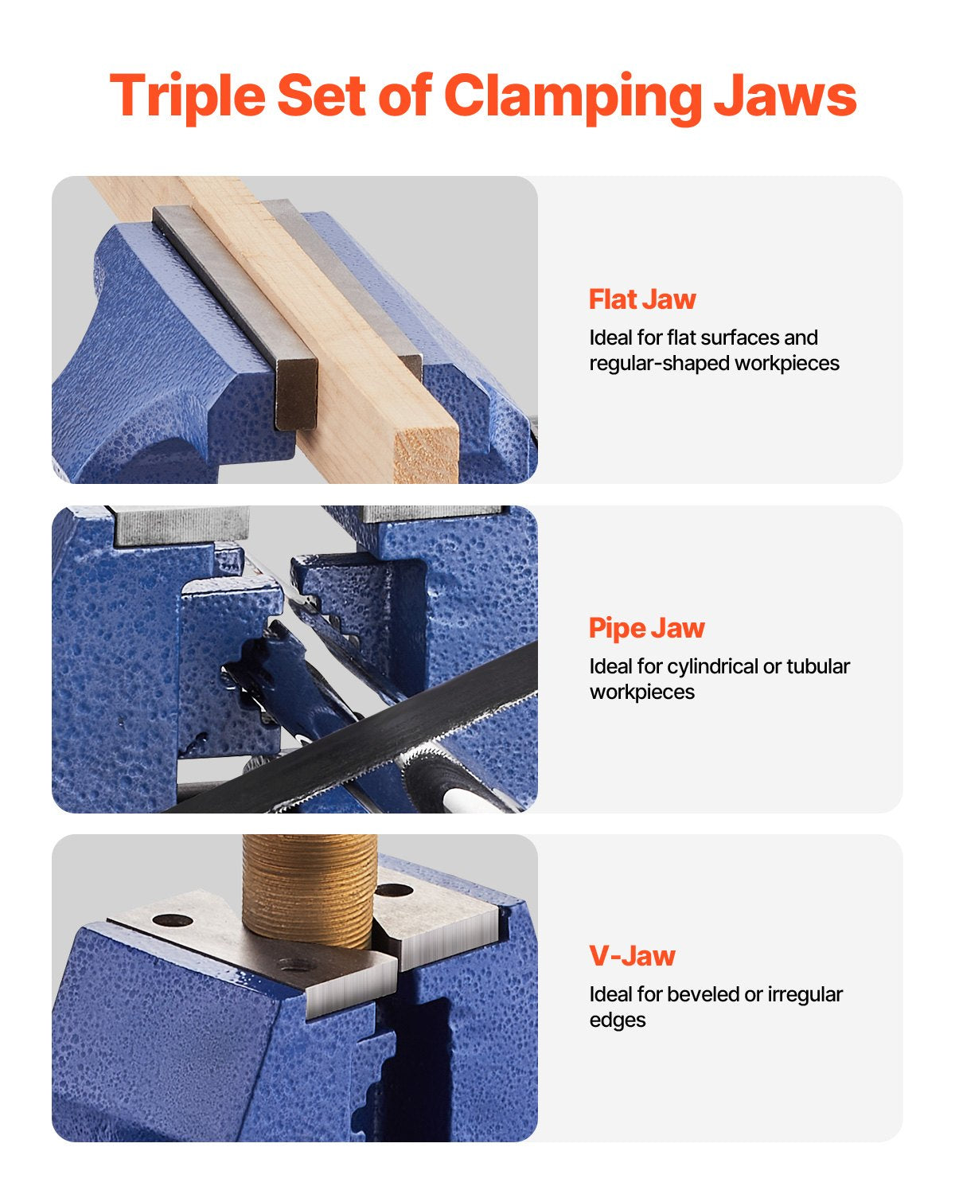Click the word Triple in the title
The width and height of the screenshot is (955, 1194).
[186, 96]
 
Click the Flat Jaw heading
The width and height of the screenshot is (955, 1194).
[642, 299]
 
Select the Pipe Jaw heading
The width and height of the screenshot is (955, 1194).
[646, 628]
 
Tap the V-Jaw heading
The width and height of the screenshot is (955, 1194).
[632, 956]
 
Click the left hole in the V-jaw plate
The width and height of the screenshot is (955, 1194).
[173, 921]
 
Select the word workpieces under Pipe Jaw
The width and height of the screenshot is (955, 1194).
[641, 692]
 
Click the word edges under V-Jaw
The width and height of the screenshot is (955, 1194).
[617, 1020]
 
